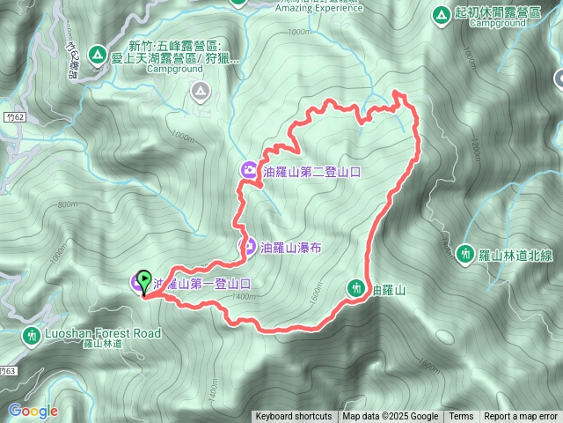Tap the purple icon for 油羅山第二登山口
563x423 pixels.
pos(250,171)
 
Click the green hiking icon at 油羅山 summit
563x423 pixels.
pos(356,287)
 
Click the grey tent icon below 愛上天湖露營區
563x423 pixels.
pos(201,89)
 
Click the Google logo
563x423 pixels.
pos(33,411)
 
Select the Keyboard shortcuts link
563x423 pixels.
pos(294,417)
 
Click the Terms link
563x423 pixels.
pos(461,417)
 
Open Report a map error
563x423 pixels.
pos(521,417)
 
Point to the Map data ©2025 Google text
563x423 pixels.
pos(391,417)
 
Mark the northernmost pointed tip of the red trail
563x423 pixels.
pos(398,92)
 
